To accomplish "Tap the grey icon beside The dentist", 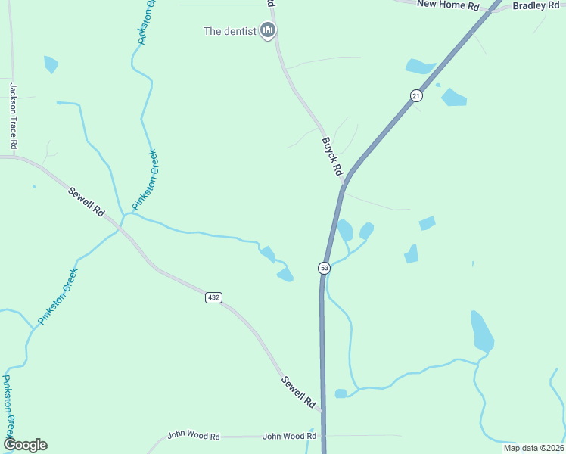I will click(x=267, y=30).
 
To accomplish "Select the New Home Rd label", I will click(x=449, y=5).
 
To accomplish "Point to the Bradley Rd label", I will click(x=539, y=5).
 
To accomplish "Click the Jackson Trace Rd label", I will click(x=13, y=116).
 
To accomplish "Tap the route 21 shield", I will click(x=416, y=95).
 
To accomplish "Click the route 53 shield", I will click(x=324, y=268).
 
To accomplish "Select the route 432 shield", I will click(x=213, y=297).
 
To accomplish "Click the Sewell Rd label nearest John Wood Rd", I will click(x=298, y=392).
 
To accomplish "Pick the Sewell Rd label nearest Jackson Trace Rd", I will click(x=86, y=201).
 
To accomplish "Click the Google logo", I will click(x=25, y=445).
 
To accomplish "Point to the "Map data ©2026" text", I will click(x=533, y=447).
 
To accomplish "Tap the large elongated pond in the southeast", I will click(x=481, y=331).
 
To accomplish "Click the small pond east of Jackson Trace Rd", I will click(x=51, y=64).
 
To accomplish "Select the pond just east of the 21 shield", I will click(x=453, y=97).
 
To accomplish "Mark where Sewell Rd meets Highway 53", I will click(x=323, y=412).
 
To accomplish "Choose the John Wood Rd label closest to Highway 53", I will click(x=289, y=437).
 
